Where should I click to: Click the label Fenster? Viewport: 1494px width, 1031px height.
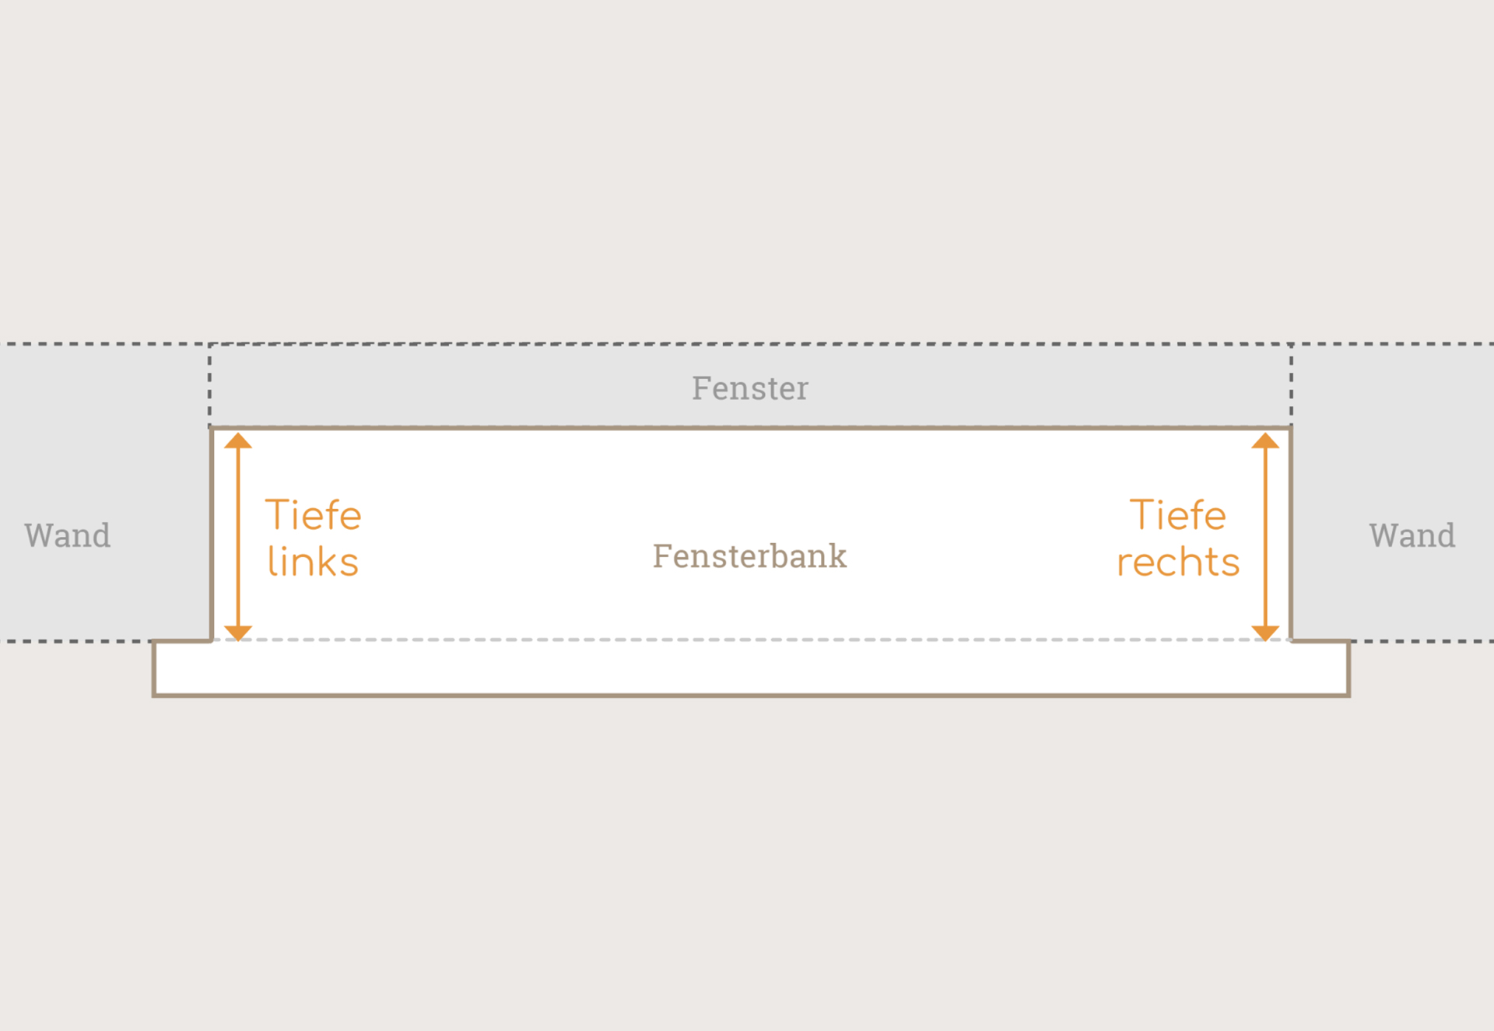tap(750, 388)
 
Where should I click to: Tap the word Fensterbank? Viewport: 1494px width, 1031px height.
tap(749, 556)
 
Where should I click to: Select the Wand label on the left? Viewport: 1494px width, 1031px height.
tap(68, 535)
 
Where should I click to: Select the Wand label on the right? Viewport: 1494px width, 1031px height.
tap(1412, 535)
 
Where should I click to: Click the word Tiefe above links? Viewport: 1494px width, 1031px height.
tap(314, 515)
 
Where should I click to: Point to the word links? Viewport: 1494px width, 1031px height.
tap(313, 561)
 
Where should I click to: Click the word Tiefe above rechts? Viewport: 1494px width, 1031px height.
tap(1178, 515)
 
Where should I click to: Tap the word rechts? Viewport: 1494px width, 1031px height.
tap(1178, 562)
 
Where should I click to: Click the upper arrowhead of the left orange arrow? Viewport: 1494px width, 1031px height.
tap(238, 440)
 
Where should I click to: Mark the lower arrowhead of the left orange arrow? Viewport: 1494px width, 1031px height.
tap(238, 633)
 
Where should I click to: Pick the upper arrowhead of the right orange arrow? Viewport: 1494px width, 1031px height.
tap(1266, 440)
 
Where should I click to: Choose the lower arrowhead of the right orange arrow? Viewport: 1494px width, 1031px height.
tap(1266, 633)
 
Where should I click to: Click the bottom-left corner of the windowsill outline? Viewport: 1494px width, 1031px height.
tap(154, 695)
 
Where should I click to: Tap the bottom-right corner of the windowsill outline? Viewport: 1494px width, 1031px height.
tap(1348, 695)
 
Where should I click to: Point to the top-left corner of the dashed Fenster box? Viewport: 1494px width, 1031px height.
tap(210, 344)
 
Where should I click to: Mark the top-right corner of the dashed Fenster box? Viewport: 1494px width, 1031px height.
tap(1291, 344)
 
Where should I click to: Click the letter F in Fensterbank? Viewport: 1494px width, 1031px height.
tap(661, 556)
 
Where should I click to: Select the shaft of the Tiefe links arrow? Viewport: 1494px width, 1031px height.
tap(238, 537)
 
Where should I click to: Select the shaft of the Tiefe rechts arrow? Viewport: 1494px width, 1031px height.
tap(1266, 537)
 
